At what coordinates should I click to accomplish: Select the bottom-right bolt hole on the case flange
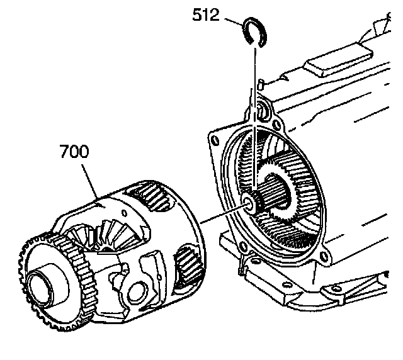(322, 259)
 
